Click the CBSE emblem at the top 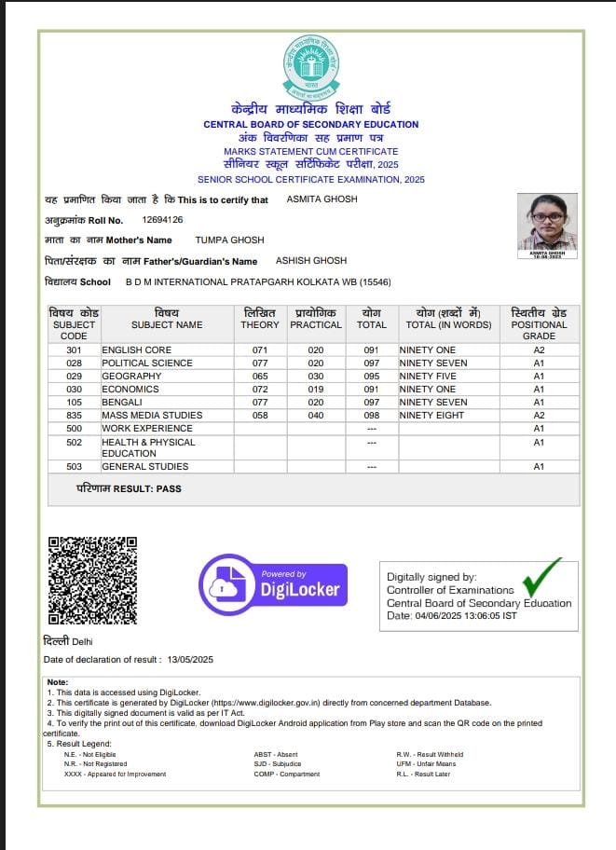[x=311, y=67]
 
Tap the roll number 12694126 [x=162, y=220]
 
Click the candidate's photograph [x=547, y=224]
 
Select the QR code [x=92, y=580]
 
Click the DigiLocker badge [x=273, y=584]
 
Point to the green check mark [x=541, y=577]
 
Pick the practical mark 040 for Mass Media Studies [x=316, y=416]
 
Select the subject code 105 [x=74, y=403]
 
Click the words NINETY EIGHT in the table [x=431, y=416]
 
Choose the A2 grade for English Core [x=539, y=350]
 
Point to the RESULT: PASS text [x=129, y=488]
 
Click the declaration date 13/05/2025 [x=191, y=660]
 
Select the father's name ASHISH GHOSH [x=311, y=261]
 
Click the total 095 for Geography [x=372, y=377]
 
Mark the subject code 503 [x=74, y=467]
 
